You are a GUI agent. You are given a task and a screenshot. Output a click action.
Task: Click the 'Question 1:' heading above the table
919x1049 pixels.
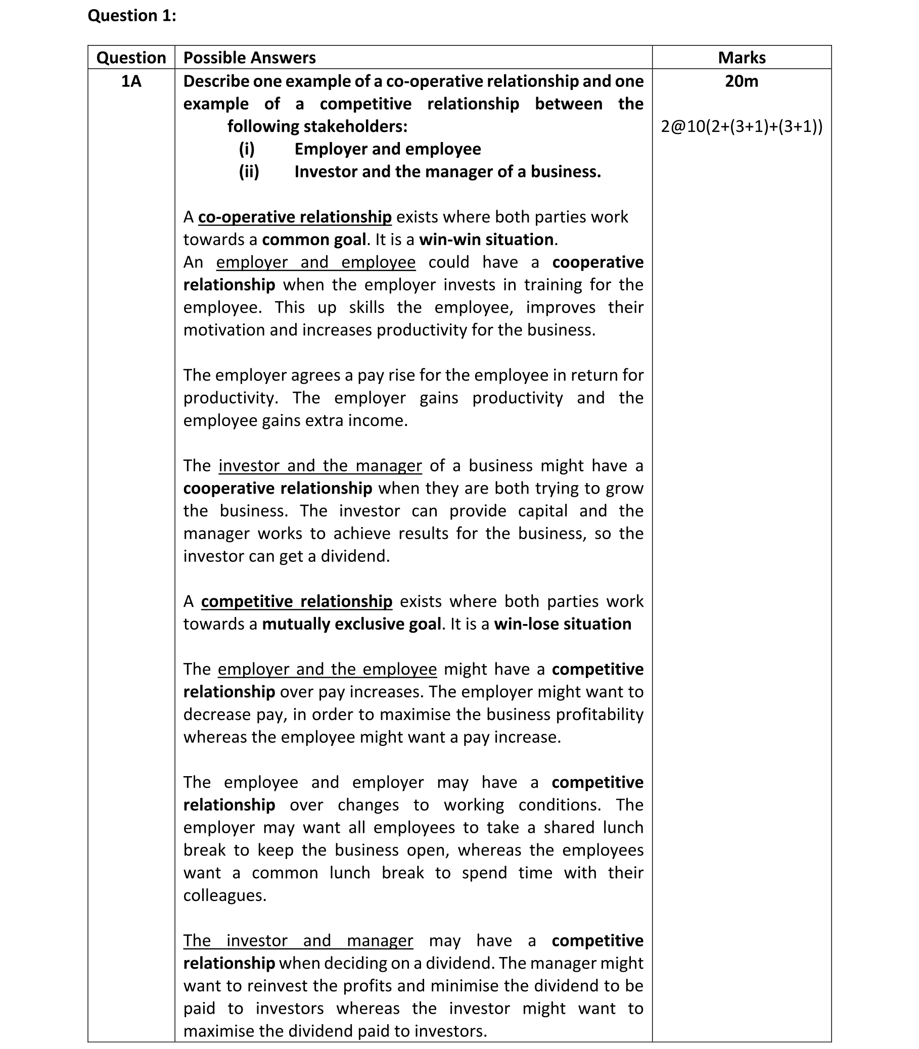tap(132, 16)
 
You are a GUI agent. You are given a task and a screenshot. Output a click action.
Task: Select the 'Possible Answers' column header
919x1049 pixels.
tap(249, 58)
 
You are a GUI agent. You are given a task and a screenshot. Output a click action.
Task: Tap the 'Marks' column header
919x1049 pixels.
tap(741, 58)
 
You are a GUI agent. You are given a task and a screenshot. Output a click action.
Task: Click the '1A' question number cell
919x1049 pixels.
tap(131, 81)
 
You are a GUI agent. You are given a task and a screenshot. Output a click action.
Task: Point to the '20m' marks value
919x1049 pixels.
tap(741, 81)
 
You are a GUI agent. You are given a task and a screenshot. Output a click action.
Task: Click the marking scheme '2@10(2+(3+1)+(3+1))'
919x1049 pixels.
tap(741, 126)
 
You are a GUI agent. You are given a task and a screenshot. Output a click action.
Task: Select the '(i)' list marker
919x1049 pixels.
tap(247, 149)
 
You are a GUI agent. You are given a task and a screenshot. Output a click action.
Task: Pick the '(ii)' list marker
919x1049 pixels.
tap(249, 171)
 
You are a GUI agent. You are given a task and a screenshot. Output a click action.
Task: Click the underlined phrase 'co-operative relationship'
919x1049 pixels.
tap(295, 217)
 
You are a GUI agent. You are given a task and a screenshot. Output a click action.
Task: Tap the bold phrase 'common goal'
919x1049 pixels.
tap(314, 240)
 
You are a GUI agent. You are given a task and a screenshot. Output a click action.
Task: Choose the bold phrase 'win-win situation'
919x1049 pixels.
tap(486, 240)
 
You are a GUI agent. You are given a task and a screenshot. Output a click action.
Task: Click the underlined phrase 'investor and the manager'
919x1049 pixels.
tap(320, 465)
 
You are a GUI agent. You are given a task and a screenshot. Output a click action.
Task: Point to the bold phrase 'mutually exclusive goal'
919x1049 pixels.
tap(351, 624)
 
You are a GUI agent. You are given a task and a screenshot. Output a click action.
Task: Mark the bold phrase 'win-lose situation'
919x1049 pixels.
tap(563, 624)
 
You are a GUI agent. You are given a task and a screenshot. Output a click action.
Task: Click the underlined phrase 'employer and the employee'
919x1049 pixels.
tap(327, 669)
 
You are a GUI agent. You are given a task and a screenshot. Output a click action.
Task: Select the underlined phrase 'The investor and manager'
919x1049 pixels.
tap(298, 940)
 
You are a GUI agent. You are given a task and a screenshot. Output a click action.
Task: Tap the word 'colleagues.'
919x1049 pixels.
tap(225, 895)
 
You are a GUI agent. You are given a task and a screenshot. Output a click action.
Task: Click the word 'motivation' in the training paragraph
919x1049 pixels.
tap(224, 329)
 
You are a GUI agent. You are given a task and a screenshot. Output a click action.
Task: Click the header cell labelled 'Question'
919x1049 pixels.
tap(131, 58)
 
